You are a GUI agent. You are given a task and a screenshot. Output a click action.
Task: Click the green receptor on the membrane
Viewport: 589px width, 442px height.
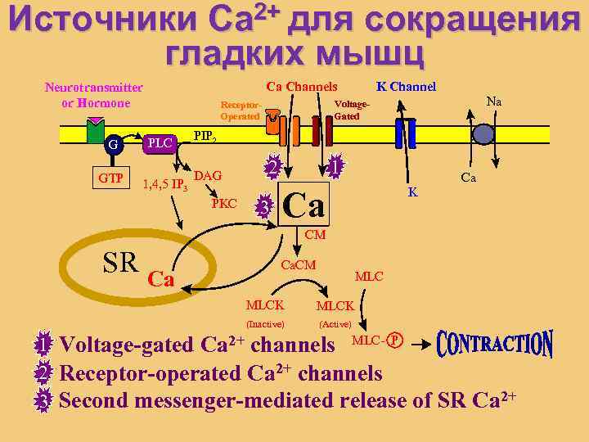[x=97, y=129]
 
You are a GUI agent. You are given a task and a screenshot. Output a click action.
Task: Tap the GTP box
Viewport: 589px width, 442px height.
[x=112, y=177]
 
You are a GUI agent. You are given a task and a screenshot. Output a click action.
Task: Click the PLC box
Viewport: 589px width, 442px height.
[x=159, y=144]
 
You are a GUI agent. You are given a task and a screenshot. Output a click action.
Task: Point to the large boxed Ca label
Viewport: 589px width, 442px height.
[x=303, y=205]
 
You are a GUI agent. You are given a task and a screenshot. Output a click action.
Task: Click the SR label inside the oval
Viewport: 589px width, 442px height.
[x=121, y=262]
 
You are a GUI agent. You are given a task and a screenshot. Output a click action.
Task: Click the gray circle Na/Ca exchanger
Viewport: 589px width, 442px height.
[x=484, y=135]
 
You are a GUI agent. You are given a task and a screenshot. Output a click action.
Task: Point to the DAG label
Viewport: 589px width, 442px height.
[x=209, y=176]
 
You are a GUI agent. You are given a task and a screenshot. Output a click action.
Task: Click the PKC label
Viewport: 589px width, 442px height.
[x=224, y=202]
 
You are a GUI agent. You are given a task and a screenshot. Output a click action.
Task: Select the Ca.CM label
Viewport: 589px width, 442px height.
[x=299, y=266]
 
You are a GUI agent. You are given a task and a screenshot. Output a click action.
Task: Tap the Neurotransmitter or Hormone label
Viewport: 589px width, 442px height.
[x=94, y=95]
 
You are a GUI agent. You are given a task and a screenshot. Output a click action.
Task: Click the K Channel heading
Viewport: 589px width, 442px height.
[x=406, y=87]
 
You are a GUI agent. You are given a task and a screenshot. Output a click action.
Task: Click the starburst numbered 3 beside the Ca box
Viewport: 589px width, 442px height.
[x=263, y=207]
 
